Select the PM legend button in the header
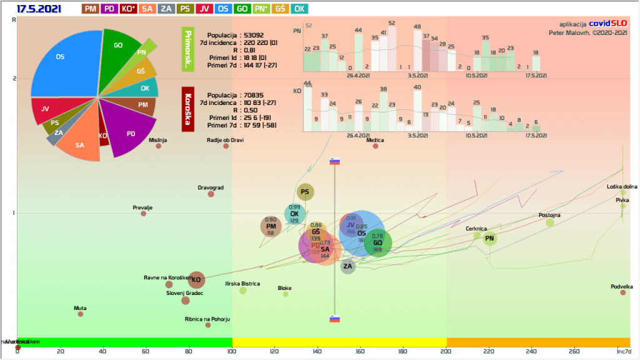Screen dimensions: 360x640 tap(90, 9)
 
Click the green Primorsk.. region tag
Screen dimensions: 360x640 tap(186, 47)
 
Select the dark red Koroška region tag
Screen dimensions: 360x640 tap(186, 109)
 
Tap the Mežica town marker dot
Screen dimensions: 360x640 tap(376, 146)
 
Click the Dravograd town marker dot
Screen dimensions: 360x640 tap(211, 194)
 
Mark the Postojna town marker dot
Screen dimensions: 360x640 tap(550, 222)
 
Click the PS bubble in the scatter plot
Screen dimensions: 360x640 tap(305, 192)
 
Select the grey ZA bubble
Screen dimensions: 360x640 tap(348, 267)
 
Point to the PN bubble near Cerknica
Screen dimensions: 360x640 tap(490, 238)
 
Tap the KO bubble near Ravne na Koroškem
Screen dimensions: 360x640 tap(196, 279)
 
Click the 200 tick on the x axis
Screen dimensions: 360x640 tap(446, 351)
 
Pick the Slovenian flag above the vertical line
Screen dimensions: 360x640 tap(334, 161)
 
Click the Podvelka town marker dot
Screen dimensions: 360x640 tap(622, 292)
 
